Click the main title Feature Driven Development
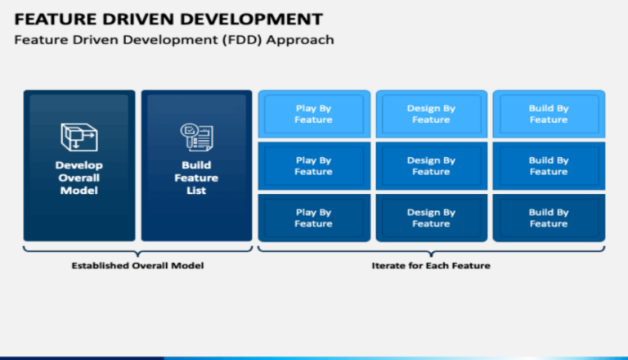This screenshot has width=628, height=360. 168,18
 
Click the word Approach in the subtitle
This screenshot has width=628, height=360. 304,40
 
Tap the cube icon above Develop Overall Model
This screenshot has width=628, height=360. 78,137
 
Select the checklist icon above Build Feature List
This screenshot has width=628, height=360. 196,137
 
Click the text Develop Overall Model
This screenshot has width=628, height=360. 78,178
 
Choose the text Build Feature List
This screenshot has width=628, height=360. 196,178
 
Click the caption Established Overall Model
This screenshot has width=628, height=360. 137,265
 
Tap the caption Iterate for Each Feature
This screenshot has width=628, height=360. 431,265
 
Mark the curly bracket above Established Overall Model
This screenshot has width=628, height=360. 137,250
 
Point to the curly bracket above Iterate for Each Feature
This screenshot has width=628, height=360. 431,250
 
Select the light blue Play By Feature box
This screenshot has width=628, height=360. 314,114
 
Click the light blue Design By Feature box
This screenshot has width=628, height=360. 431,114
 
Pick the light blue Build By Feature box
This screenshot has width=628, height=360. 548,114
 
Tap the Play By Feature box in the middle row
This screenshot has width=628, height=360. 314,166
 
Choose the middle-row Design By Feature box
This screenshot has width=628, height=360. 431,166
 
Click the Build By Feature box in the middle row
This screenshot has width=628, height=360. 548,166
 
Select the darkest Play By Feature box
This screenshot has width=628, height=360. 314,218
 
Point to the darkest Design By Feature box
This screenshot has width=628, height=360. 431,218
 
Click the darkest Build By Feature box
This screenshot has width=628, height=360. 548,218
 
